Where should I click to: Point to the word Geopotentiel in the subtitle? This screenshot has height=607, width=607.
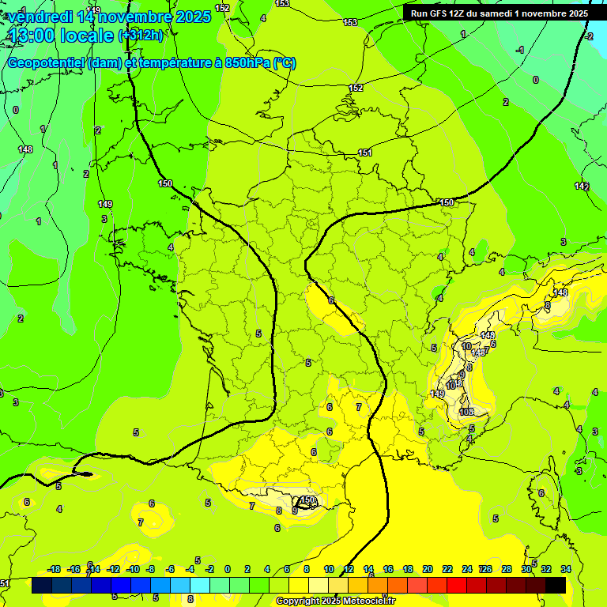[47, 63]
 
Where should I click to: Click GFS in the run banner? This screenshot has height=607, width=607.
[442, 13]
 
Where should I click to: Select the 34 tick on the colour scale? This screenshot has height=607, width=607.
[566, 569]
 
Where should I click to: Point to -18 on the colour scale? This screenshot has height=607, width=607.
[54, 569]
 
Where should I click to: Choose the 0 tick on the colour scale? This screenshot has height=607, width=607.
[228, 569]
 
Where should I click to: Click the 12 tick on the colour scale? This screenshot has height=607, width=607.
[349, 569]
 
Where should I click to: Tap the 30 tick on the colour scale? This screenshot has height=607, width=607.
[526, 569]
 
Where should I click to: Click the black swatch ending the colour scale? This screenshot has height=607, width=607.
[556, 585]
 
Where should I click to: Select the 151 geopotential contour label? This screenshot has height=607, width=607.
[365, 153]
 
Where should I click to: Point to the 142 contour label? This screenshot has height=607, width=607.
[582, 186]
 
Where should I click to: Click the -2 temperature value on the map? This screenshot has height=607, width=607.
[589, 36]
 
